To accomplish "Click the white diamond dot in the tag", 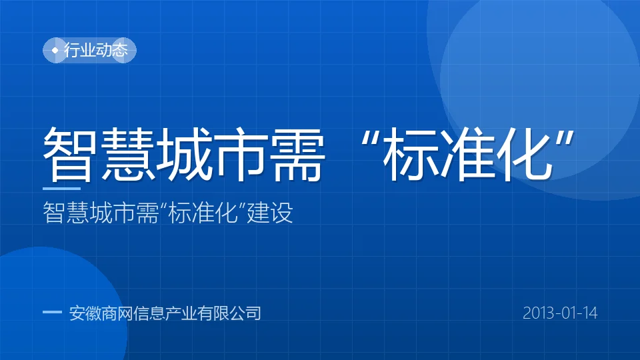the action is [x=55, y=50].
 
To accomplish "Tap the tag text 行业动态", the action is [x=96, y=50].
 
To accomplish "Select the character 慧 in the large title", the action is [x=129, y=153].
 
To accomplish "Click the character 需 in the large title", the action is [x=299, y=153].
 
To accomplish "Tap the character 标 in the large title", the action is [x=410, y=153].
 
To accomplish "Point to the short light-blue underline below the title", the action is [x=61, y=189].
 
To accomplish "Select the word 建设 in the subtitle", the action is [x=270, y=213].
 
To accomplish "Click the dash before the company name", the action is [x=52, y=313].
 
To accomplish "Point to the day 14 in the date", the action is [x=590, y=313].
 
